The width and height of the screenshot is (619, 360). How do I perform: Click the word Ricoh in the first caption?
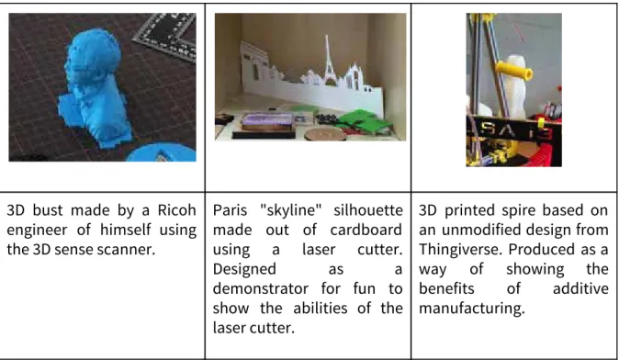(x=177, y=210)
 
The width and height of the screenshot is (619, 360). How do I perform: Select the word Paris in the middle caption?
(x=230, y=210)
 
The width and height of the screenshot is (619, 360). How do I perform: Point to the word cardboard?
(x=366, y=230)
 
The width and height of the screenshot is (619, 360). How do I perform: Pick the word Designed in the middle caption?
(x=244, y=270)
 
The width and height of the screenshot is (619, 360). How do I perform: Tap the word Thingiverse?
(x=460, y=250)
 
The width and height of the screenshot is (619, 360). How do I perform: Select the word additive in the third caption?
(x=580, y=288)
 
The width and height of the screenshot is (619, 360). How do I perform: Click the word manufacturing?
(x=472, y=309)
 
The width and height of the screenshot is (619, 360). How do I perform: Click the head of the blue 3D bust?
(x=94, y=55)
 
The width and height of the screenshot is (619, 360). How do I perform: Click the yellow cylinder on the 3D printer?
(x=514, y=70)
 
